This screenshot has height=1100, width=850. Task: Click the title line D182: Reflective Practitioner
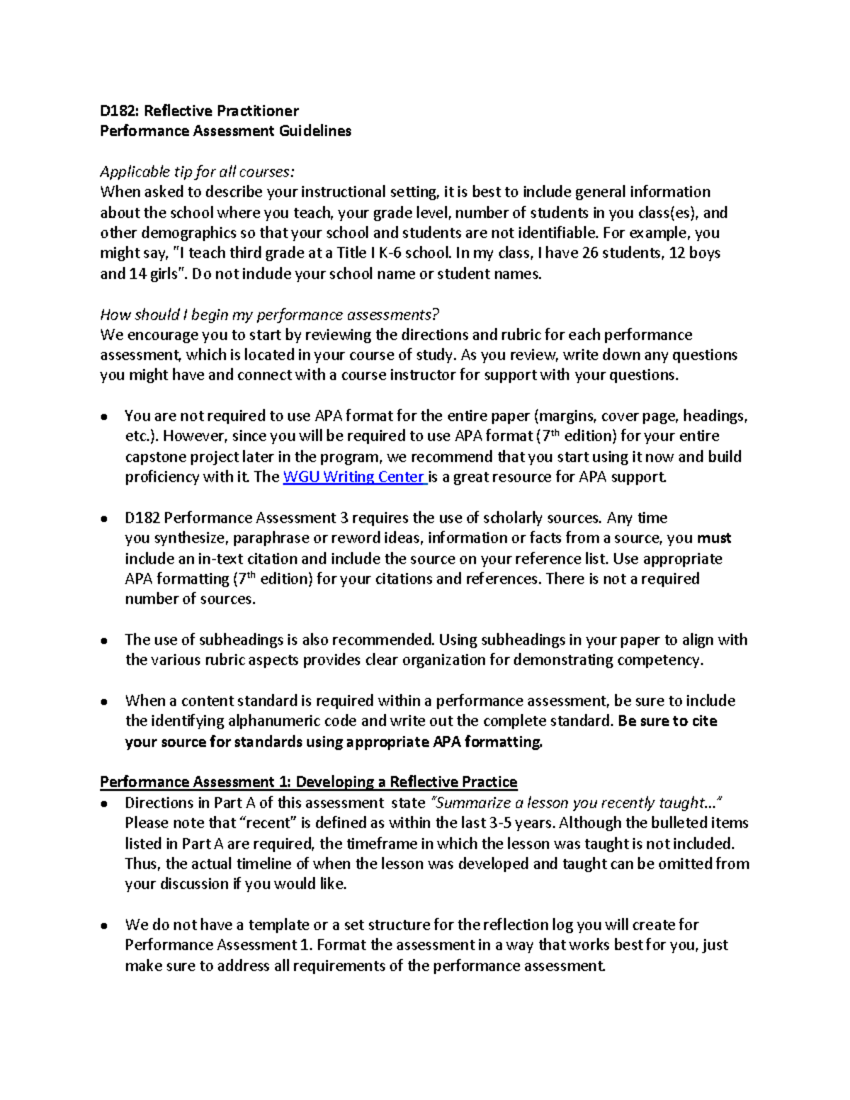[199, 110]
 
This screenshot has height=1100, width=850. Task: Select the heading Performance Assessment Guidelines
[225, 131]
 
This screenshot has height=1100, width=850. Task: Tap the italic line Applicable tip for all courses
[196, 172]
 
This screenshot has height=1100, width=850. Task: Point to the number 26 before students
[589, 254]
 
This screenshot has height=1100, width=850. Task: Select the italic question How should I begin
[270, 314]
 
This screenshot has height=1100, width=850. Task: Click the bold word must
[714, 538]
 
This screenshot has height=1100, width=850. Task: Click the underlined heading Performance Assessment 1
[308, 782]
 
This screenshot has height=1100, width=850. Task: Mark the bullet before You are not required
[104, 416]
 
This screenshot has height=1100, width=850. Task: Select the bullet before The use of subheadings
[104, 640]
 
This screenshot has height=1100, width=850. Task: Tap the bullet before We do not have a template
[104, 925]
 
